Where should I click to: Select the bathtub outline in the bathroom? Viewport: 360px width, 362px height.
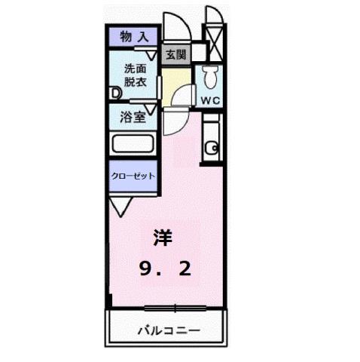(133, 144)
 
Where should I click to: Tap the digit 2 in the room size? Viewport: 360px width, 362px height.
(185, 268)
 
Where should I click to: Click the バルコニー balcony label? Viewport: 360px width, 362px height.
(167, 330)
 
